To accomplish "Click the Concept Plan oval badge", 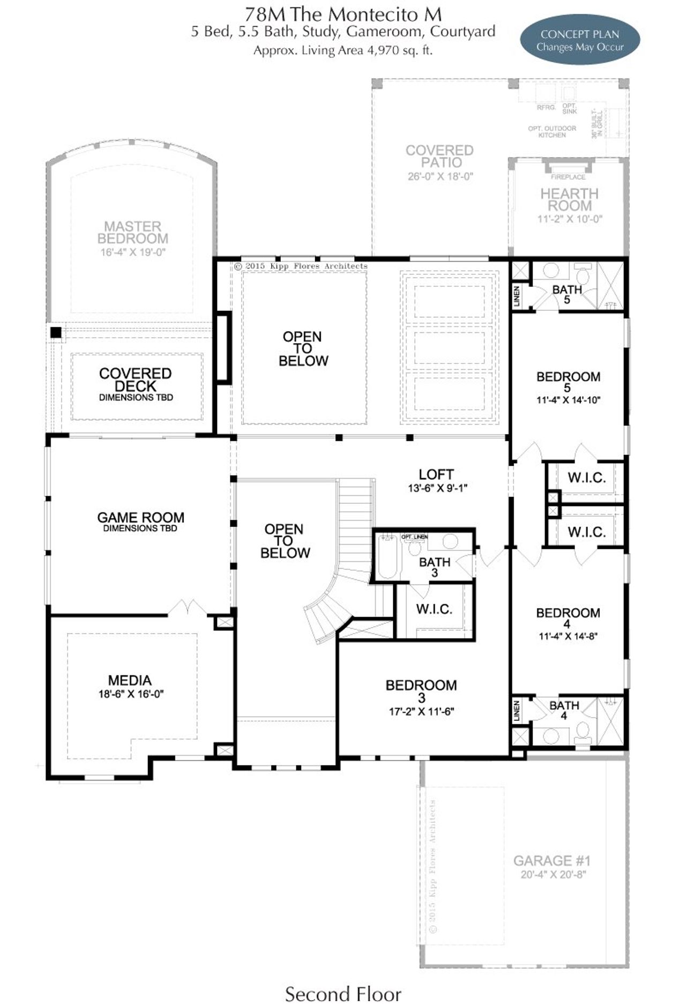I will (x=580, y=40).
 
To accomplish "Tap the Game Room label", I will (x=140, y=517).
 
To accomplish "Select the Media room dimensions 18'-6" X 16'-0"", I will (x=130, y=694).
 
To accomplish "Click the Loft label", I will (x=436, y=474).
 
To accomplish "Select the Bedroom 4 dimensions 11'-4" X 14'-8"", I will (x=568, y=637).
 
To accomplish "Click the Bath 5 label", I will (x=567, y=294).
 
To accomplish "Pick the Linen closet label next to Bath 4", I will (x=517, y=711).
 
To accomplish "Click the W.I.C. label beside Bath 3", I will (x=434, y=609).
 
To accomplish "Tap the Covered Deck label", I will (x=135, y=379).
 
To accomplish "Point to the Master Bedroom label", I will (x=132, y=232).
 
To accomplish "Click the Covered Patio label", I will (x=439, y=156).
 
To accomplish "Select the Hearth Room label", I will (x=569, y=199).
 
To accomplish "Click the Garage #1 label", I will (x=552, y=861).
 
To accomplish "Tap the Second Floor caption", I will (x=343, y=994).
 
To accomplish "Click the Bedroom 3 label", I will (x=421, y=690).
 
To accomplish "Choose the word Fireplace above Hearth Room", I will (x=568, y=177).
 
